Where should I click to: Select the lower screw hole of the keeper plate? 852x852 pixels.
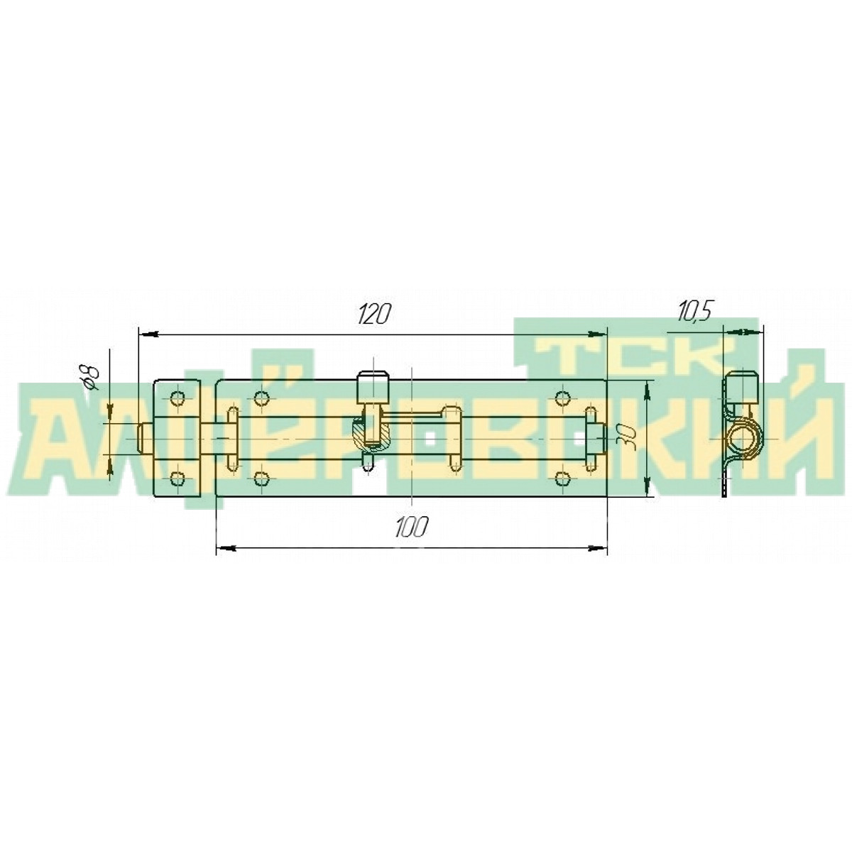pos(177,479)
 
